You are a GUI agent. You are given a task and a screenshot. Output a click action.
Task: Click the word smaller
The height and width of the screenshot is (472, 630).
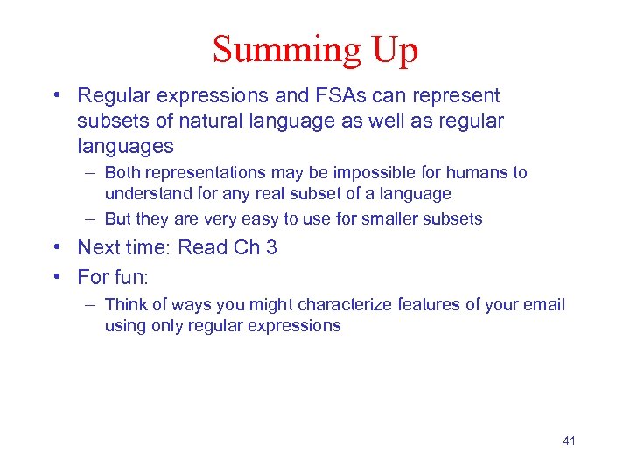click(x=397, y=219)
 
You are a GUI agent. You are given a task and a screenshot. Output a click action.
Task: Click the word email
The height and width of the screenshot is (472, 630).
click(x=544, y=305)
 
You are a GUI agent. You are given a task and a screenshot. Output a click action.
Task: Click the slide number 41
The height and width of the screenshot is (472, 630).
click(x=569, y=441)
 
